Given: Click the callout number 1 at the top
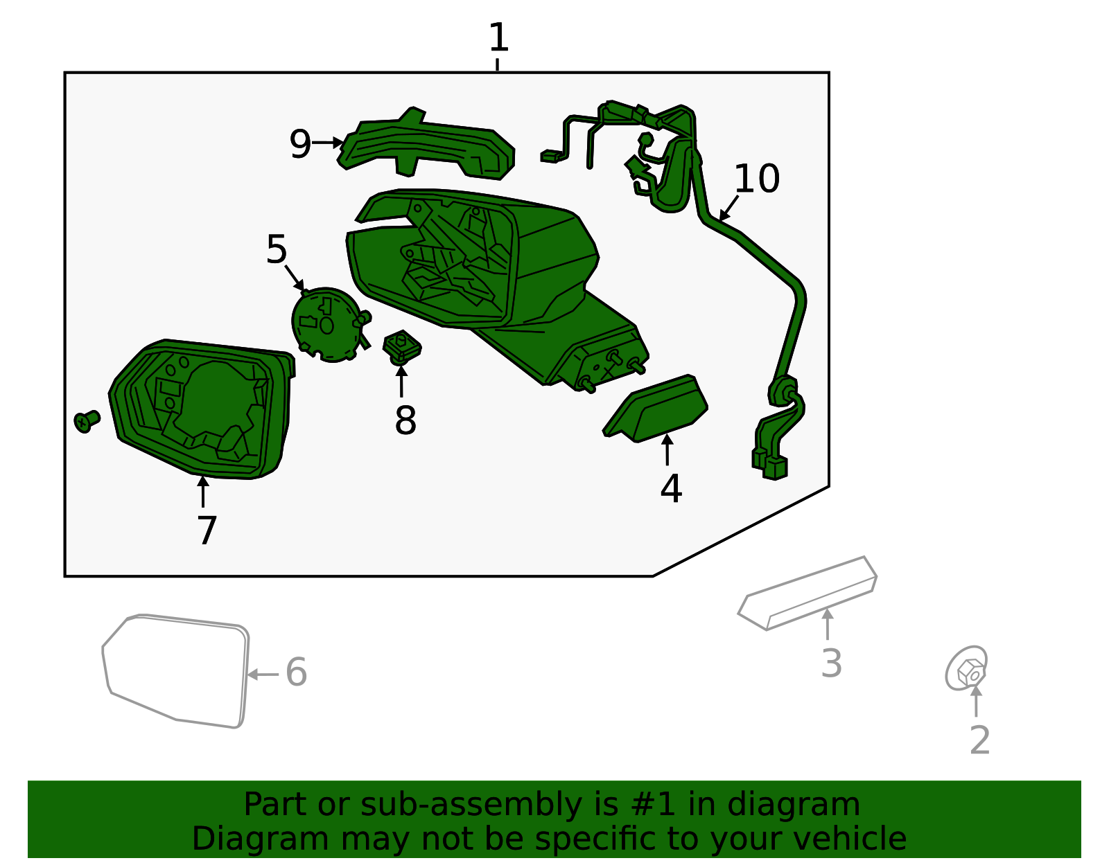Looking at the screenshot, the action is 498,37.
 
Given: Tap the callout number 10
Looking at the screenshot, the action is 756,179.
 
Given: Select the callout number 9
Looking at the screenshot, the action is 300,143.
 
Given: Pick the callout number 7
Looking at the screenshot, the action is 207,530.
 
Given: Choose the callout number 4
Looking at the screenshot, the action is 671,488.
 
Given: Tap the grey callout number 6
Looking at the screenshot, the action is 296,672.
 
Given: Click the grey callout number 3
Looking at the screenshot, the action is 831,663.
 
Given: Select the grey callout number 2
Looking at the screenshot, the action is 979,740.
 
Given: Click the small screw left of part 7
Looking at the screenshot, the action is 87,421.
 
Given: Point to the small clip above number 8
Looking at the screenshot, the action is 402,348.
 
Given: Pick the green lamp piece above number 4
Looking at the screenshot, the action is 655,408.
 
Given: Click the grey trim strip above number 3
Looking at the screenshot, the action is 807,594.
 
